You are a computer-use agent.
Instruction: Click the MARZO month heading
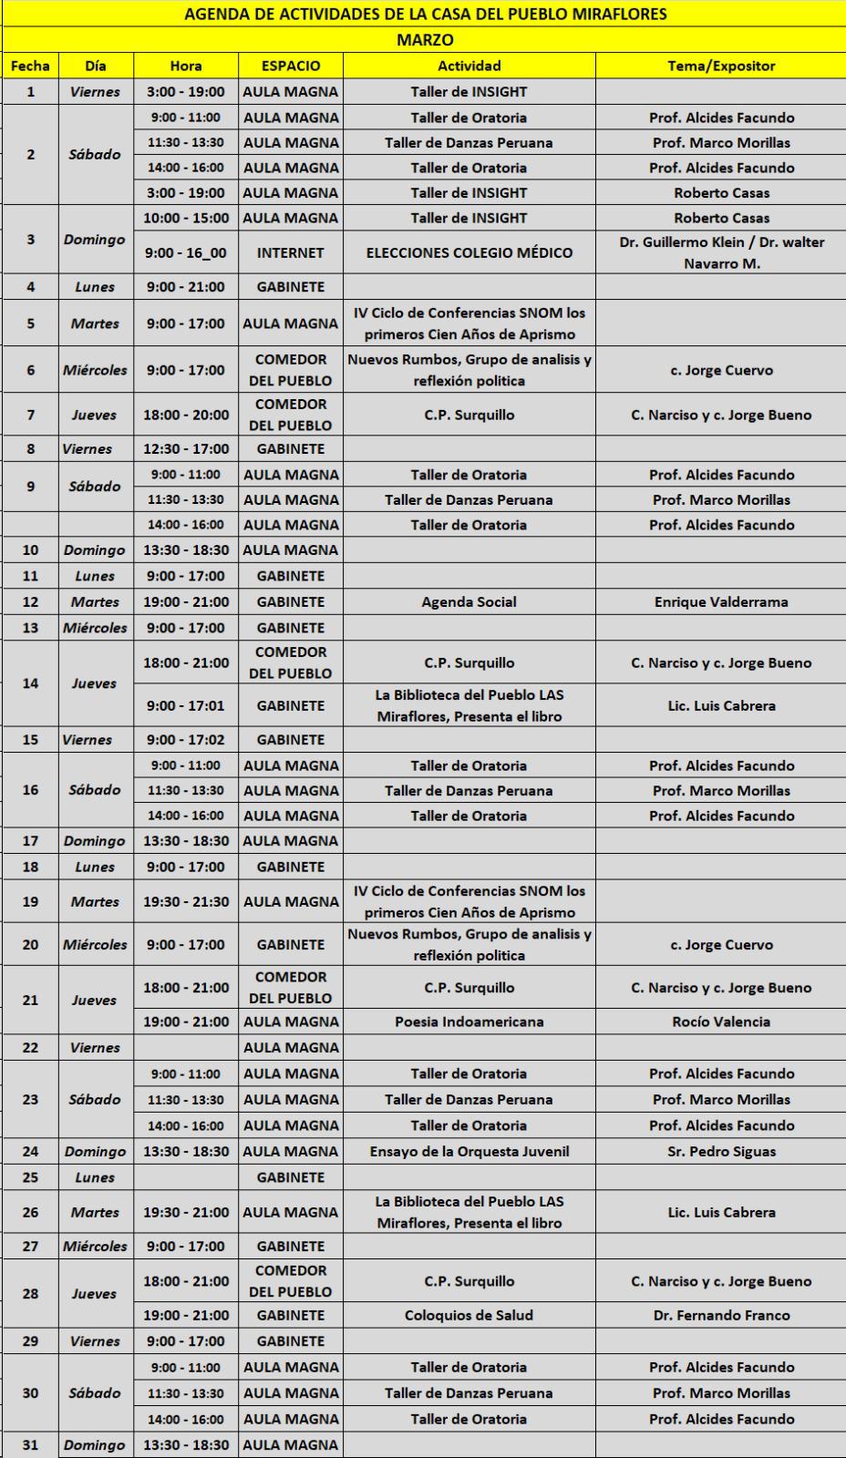tap(424, 40)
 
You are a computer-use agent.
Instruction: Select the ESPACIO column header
tap(291, 66)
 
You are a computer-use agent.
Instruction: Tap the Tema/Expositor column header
tap(721, 66)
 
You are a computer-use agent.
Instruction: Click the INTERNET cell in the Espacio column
tap(291, 253)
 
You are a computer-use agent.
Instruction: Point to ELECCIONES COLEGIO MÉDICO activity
tap(469, 253)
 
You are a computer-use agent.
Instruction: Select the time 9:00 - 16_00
tap(186, 253)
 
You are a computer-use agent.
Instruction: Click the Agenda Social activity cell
tap(469, 602)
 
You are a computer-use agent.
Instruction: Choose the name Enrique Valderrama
tap(721, 602)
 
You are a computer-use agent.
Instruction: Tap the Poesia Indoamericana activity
tap(469, 1022)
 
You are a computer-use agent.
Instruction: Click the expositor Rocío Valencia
tap(721, 1022)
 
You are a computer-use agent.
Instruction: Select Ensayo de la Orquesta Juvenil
tap(469, 1152)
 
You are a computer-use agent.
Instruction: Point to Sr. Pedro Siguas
tap(721, 1152)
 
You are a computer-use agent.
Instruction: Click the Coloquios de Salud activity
tap(469, 1316)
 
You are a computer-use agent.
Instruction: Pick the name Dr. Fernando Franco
tap(721, 1316)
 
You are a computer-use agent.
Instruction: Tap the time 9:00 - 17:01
tap(186, 706)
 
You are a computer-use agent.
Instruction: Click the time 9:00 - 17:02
tap(186, 740)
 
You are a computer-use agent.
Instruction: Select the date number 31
tap(31, 1445)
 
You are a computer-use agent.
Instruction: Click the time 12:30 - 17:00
tap(186, 449)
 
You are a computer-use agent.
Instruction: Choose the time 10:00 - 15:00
tap(186, 219)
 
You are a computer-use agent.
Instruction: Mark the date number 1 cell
tap(31, 92)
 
